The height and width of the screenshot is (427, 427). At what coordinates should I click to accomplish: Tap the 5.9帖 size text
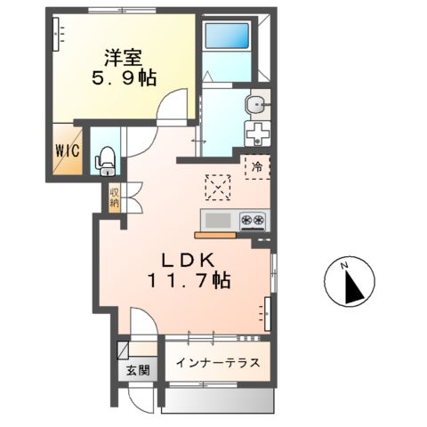pos(123,78)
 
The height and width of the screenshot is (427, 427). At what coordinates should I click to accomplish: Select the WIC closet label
pos(67,150)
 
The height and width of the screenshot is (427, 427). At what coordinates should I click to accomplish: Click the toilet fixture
pos(105,158)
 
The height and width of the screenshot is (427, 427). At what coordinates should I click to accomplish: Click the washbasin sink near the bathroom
pos(257,105)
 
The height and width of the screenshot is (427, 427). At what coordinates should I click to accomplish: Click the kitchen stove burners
pos(252,220)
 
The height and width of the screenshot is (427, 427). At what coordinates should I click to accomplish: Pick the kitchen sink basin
pos(218,220)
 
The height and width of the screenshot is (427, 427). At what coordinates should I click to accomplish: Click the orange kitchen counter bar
pos(214,236)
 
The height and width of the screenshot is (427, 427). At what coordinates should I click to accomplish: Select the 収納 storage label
pos(115,197)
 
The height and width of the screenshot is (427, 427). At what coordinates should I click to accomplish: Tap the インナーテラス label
pos(218,362)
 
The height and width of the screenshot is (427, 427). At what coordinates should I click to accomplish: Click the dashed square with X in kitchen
pos(217,187)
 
